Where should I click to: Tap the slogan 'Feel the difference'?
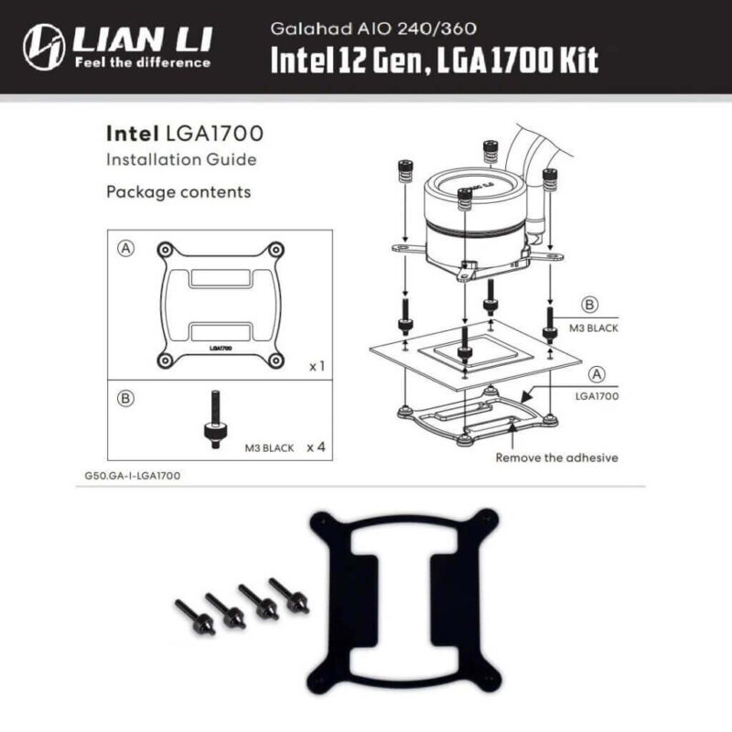[x=141, y=63]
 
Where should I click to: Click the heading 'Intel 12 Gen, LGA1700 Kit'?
[x=434, y=59]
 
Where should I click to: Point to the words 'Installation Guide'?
[x=181, y=160]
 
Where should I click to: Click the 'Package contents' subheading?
[x=178, y=192]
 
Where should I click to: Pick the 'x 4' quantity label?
[x=317, y=447]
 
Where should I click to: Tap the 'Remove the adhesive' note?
[x=557, y=457]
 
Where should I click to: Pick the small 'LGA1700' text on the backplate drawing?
[x=220, y=348]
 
